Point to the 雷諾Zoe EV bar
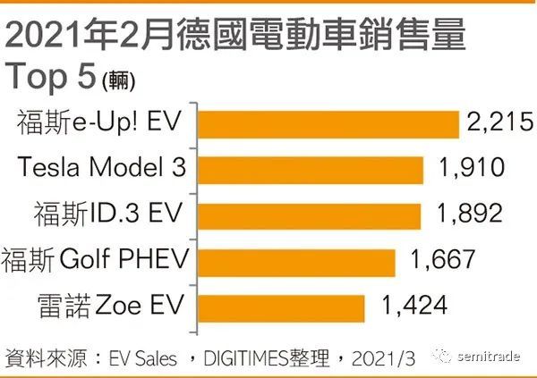point(281,308)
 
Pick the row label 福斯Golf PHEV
point(98,262)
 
